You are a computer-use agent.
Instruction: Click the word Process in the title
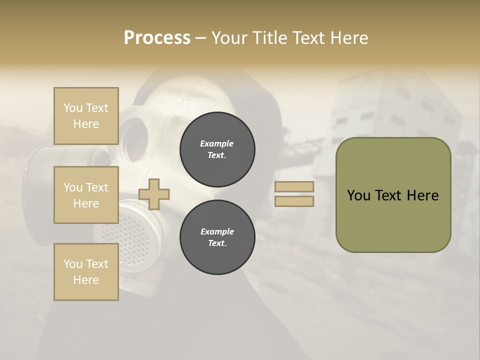pyautogui.click(x=157, y=38)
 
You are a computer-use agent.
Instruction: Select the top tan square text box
pyautogui.click(x=86, y=116)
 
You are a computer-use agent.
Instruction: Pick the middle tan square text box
pyautogui.click(x=86, y=195)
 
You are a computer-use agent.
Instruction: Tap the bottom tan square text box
pyautogui.click(x=86, y=272)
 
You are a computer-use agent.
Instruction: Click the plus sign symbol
pyautogui.click(x=154, y=194)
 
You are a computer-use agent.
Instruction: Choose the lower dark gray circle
pyautogui.click(x=217, y=237)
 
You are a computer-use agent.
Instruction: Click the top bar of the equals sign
pyautogui.click(x=294, y=186)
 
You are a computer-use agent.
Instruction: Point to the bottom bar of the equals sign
pyautogui.click(x=294, y=201)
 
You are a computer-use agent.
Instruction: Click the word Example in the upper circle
pyautogui.click(x=217, y=143)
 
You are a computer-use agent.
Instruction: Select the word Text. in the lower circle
pyautogui.click(x=217, y=243)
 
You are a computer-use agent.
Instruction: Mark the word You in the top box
pyautogui.click(x=73, y=108)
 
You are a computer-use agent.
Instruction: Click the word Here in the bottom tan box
pyautogui.click(x=86, y=280)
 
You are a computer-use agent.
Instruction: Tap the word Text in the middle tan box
pyautogui.click(x=97, y=187)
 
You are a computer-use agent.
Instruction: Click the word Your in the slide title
pyautogui.click(x=230, y=38)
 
